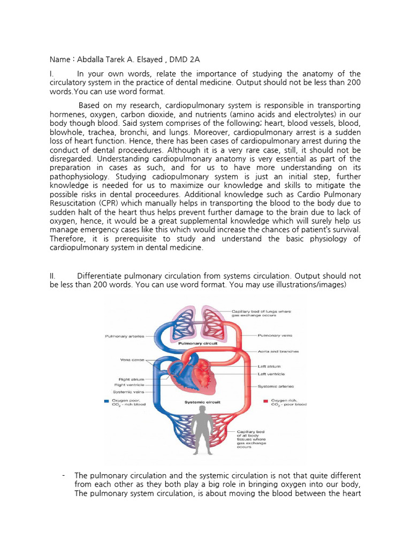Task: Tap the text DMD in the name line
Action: point(181,59)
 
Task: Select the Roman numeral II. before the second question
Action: point(53,276)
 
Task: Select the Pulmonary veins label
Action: point(275,336)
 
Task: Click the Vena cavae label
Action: point(133,361)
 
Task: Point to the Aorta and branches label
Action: point(278,352)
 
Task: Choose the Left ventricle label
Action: point(271,374)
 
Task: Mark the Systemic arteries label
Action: point(276,386)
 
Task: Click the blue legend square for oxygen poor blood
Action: point(107,400)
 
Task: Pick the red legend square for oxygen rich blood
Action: point(266,400)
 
